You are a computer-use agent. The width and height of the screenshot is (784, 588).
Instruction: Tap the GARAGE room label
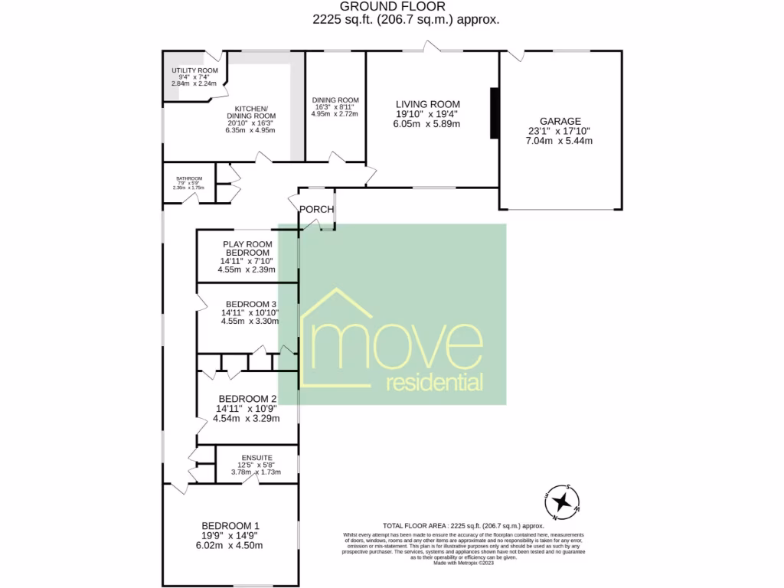560,121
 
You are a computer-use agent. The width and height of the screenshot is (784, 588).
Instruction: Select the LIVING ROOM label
427,104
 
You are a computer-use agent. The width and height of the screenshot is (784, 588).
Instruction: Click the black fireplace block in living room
494,113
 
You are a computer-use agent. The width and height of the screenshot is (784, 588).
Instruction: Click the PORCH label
315,209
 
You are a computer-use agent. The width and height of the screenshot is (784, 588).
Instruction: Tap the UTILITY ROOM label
194,70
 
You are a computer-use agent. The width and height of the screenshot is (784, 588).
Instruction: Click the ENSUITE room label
256,458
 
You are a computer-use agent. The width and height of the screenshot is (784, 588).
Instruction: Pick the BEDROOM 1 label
230,525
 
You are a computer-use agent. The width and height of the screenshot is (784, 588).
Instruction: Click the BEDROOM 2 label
247,399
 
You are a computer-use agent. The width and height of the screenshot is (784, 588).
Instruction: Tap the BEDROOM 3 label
250,303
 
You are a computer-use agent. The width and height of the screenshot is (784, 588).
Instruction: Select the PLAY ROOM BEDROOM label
247,249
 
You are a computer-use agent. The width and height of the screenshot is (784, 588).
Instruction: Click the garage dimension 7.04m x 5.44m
560,141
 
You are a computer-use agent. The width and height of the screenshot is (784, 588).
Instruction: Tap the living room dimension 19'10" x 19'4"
427,114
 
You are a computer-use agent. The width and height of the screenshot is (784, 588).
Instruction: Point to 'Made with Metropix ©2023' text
464,563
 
